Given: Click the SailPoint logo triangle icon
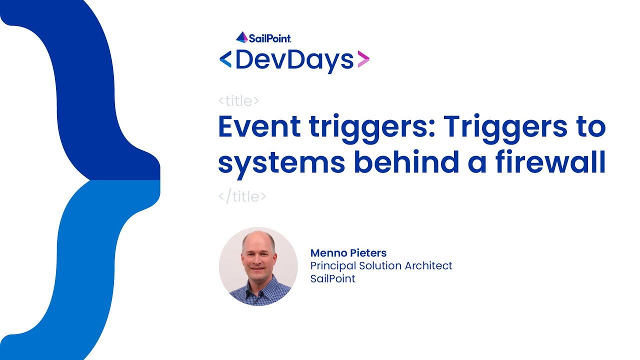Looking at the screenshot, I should pos(242,37).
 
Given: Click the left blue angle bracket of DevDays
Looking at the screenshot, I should pos(225,60).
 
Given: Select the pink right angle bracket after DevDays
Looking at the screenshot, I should pos(363,59).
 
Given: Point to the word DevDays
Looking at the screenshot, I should pos(294,60).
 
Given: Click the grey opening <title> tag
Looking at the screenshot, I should pos(238,101).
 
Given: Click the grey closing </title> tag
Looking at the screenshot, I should pos(242,196).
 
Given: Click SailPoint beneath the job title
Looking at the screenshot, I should pos(332,279).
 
